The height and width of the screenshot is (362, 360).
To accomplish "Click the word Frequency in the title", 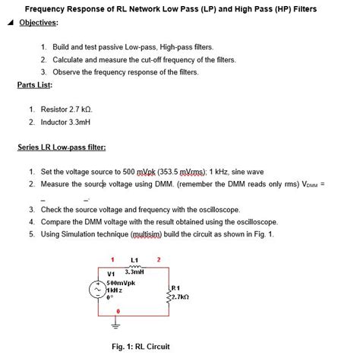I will pos(46,8).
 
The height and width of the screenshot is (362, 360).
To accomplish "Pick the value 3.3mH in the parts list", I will pos(77,122).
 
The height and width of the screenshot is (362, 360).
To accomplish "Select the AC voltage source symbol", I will pos(98,290).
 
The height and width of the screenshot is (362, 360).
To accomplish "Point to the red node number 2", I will pos(159,261).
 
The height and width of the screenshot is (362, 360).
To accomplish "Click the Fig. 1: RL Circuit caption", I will pos(141,347).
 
